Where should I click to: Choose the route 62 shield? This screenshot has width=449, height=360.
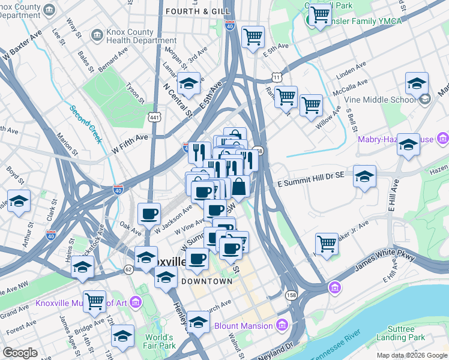129,270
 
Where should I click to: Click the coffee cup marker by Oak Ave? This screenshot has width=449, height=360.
149,213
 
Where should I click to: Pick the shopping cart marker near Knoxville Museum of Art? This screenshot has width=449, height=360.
94,301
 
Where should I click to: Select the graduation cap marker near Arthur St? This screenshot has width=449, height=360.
19,200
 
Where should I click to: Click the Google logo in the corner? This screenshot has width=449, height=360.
20,353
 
